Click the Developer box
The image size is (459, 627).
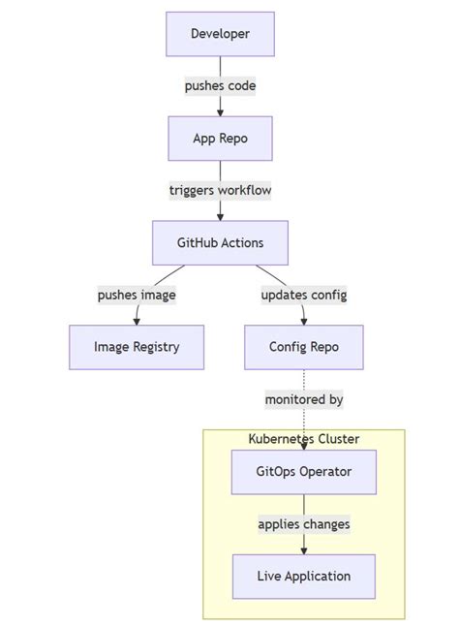pos(220,34)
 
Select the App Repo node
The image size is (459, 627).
pos(220,139)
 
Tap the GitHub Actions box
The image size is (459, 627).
pos(220,242)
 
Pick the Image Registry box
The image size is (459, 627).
pos(137,347)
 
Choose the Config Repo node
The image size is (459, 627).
pos(303,347)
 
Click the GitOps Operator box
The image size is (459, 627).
pos(303,472)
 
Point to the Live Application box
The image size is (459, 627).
pos(303,577)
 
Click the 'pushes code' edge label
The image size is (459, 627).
pos(220,86)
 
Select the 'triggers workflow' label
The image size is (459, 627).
pos(220,191)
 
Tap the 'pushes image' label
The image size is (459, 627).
pos(137,295)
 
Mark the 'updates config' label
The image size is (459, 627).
pos(303,295)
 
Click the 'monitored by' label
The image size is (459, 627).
pos(303,399)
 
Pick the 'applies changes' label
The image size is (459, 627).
pos(303,524)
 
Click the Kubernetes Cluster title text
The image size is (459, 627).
pos(303,439)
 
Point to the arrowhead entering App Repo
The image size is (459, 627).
pos(220,112)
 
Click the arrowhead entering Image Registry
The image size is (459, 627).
pos(137,321)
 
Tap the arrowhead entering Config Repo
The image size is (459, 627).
pos(303,321)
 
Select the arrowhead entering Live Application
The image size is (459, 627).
pos(303,550)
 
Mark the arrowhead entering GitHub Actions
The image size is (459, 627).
pos(220,216)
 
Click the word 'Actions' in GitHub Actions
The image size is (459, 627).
pos(241,242)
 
